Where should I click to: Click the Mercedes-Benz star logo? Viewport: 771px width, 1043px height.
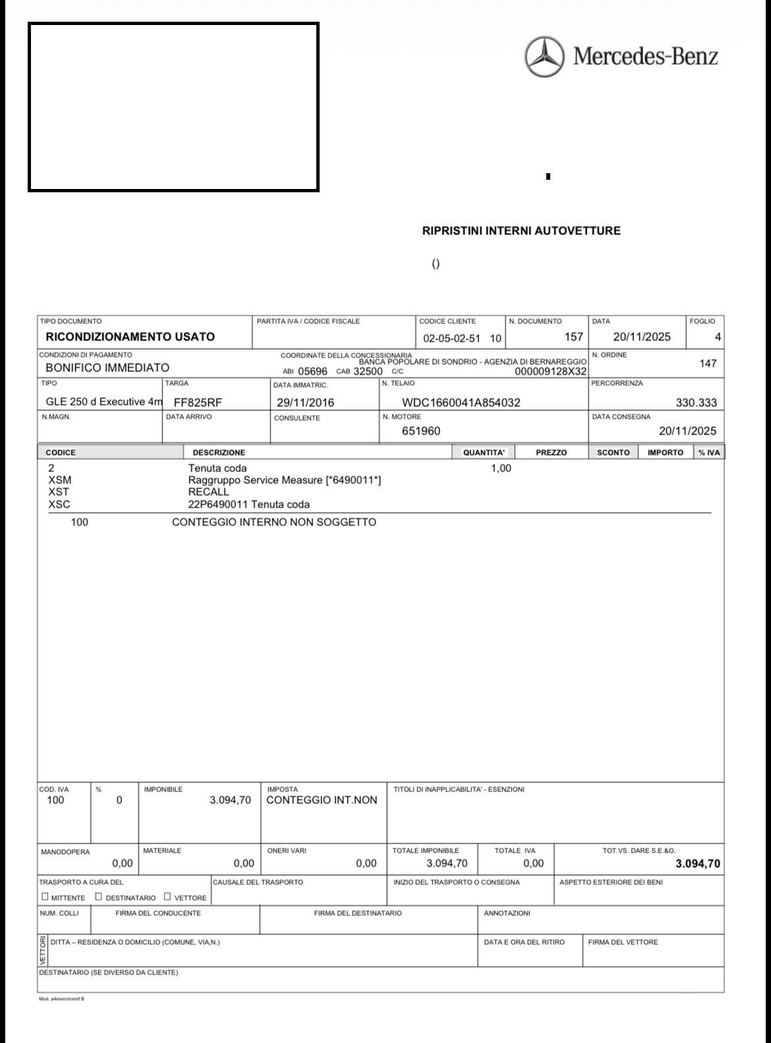coord(544,57)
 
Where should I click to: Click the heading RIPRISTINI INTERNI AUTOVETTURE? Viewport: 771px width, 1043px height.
coord(521,231)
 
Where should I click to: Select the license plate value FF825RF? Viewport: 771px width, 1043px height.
coord(198,402)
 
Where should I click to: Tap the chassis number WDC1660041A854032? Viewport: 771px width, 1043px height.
coord(461,402)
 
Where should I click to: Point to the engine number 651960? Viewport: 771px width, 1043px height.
coord(421,431)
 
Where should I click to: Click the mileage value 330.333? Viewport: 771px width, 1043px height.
coord(696,402)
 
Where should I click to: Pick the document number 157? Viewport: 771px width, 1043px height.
coord(573,337)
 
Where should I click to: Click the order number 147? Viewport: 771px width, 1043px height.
coord(708,363)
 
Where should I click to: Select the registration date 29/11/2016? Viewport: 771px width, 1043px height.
coord(305,402)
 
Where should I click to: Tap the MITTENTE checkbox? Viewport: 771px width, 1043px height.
coord(45,896)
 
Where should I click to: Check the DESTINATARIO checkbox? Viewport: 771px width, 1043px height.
coord(99,896)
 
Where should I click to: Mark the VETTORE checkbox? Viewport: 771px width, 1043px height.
coord(167,896)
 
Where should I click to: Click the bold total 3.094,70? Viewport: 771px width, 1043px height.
coord(697,864)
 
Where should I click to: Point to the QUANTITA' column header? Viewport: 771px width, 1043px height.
coord(484,452)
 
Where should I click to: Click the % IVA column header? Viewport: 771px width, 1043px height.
coord(709,452)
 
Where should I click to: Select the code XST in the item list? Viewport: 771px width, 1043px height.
coord(59,492)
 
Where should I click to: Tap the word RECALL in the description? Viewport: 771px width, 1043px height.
coord(208,492)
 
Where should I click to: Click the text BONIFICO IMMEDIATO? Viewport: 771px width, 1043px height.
coord(107,367)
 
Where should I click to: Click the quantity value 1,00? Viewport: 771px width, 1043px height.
coord(501,468)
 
